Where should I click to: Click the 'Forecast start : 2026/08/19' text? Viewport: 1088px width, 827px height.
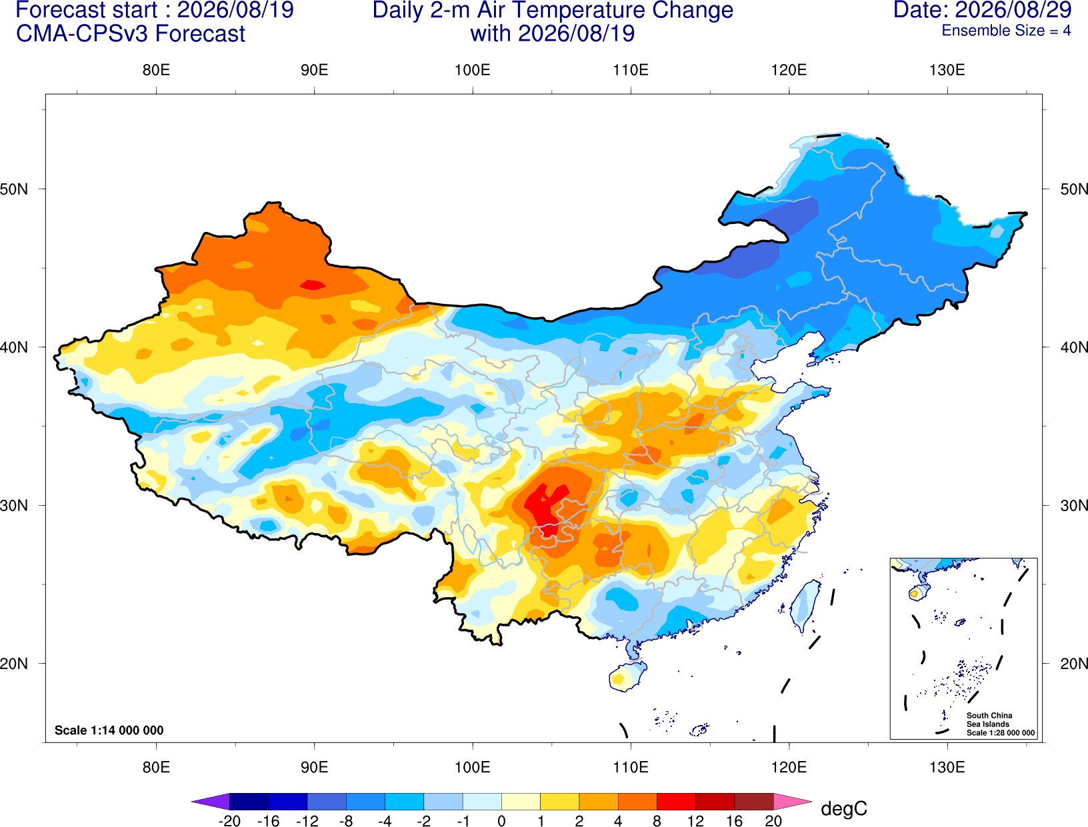[155, 10]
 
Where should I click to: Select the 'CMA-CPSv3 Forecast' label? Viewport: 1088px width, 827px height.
[131, 34]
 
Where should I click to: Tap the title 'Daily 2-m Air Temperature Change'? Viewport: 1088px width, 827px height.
[553, 10]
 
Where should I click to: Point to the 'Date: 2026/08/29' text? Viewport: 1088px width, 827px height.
[983, 10]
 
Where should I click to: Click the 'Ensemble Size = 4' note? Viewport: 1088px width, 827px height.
[1006, 31]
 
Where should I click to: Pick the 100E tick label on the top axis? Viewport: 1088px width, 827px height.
[473, 70]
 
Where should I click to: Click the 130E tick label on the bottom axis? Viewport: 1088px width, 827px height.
[947, 768]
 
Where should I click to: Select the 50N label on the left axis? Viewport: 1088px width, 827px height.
[14, 189]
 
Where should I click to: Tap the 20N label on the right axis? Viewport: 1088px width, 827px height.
[1074, 664]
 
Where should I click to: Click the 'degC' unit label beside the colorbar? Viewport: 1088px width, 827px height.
[843, 808]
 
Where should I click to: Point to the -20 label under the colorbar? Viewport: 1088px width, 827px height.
[229, 821]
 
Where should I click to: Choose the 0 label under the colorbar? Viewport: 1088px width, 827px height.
[501, 821]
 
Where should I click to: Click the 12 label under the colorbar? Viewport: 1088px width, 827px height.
[695, 821]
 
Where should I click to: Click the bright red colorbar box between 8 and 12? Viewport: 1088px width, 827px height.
[676, 801]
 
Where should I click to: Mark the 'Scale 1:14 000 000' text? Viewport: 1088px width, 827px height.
[109, 730]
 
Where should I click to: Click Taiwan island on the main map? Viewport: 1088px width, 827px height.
[805, 606]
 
